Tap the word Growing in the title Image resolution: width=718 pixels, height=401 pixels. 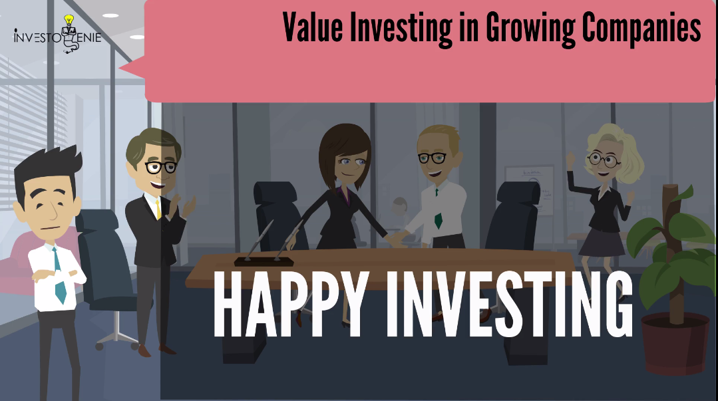pos(530,29)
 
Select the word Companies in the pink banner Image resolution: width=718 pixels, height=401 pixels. pos(641,29)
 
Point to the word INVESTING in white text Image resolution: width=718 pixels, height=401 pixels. pos(510,305)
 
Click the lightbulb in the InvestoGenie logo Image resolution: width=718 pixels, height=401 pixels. pos(69,21)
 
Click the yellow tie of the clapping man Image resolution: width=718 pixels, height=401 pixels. pos(158,209)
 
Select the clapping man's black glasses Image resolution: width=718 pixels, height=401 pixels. pos(161,167)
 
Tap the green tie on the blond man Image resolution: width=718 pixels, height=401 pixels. pos(438,220)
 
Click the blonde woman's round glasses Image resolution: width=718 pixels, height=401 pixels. pos(604,160)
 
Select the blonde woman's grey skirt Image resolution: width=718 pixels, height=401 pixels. pos(602,242)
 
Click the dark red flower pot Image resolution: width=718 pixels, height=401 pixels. pos(675,343)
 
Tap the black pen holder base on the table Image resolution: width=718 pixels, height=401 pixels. pos(264,261)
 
